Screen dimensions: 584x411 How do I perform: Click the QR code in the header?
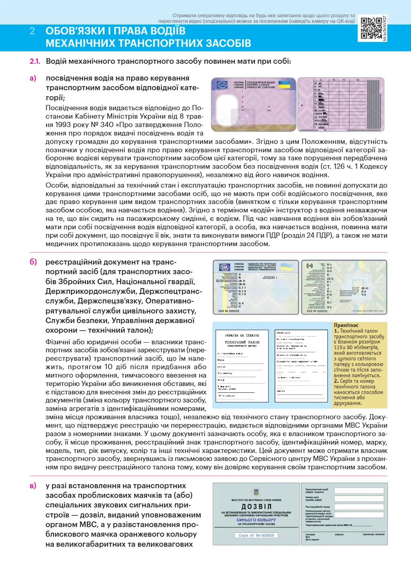(371, 28)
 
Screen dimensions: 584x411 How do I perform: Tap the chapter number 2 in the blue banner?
(33, 31)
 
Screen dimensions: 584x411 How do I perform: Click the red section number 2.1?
(35, 61)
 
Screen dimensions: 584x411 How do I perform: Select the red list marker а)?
(33, 78)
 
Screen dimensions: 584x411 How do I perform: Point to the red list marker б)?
(33, 262)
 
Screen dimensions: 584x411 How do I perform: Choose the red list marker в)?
(33, 486)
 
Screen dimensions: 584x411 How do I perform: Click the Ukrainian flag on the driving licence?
(284, 85)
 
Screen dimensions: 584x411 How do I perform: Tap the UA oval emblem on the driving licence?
(222, 85)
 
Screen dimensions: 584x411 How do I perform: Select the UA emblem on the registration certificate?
(224, 267)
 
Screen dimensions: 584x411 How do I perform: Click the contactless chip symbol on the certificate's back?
(309, 266)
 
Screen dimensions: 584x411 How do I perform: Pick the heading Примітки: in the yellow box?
(346, 325)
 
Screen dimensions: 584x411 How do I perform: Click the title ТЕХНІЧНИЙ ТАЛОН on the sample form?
(242, 342)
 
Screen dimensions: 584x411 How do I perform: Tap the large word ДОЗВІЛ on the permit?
(256, 507)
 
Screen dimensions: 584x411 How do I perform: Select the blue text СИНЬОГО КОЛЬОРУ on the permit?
(256, 520)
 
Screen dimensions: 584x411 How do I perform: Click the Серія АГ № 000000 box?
(256, 535)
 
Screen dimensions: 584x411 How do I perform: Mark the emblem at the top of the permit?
(256, 492)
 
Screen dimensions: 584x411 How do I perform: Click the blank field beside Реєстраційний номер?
(359, 507)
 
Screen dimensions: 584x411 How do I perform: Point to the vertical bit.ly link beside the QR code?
(385, 28)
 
